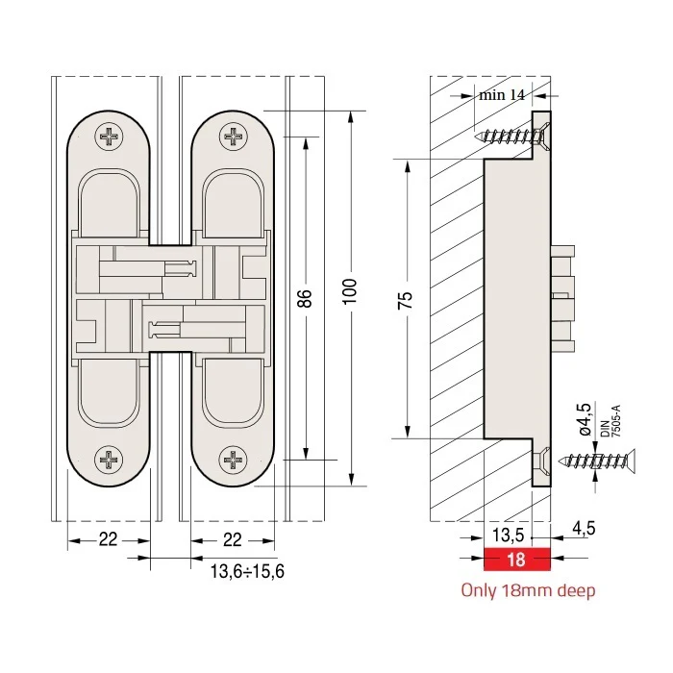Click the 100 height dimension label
pyautogui.click(x=350, y=291)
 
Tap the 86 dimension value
pyautogui.click(x=305, y=298)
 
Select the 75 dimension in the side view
pyautogui.click(x=405, y=300)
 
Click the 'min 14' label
pyautogui.click(x=502, y=94)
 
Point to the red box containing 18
pyautogui.click(x=517, y=560)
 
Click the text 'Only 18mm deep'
pyautogui.click(x=529, y=591)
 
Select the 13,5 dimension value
pyautogui.click(x=509, y=535)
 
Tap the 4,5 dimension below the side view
pyautogui.click(x=584, y=528)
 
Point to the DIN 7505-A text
pyautogui.click(x=611, y=421)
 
